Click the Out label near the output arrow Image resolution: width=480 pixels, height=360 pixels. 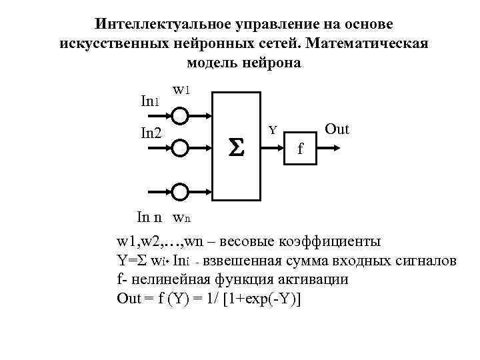click(x=337, y=129)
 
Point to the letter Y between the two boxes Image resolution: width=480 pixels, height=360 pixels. click(x=273, y=129)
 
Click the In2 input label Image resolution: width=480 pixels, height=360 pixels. click(x=151, y=133)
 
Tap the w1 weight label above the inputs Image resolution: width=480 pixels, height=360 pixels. click(x=181, y=89)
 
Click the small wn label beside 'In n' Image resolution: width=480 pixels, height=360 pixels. click(x=181, y=217)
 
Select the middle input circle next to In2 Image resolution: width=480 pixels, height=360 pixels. click(x=180, y=146)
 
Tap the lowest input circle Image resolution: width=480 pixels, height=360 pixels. click(x=180, y=192)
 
